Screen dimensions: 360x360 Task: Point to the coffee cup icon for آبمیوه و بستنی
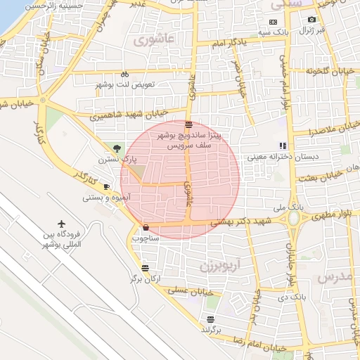pyautogui.click(x=106, y=186)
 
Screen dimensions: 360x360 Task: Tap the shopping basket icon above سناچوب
pyautogui.click(x=146, y=227)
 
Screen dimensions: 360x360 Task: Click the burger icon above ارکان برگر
pyautogui.click(x=145, y=268)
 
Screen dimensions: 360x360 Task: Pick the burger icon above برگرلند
pyautogui.click(x=210, y=319)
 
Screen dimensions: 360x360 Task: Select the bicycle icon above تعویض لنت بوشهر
pyautogui.click(x=124, y=74)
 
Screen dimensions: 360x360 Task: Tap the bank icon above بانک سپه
pyautogui.click(x=273, y=22)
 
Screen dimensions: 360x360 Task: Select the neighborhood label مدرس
pyautogui.click(x=334, y=276)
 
